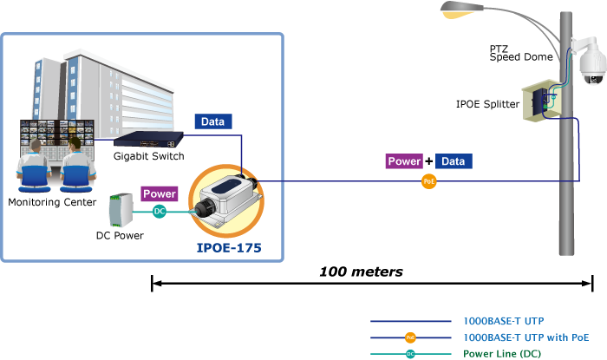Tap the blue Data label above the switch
pyautogui.click(x=213, y=123)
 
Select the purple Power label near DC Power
pyautogui.click(x=160, y=194)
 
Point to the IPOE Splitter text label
pyautogui.click(x=487, y=104)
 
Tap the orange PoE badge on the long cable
pyautogui.click(x=428, y=181)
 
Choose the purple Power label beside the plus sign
pyautogui.click(x=404, y=161)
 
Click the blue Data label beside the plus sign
pyautogui.click(x=454, y=161)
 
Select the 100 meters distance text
pyautogui.click(x=361, y=272)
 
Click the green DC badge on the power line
pyautogui.click(x=160, y=211)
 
